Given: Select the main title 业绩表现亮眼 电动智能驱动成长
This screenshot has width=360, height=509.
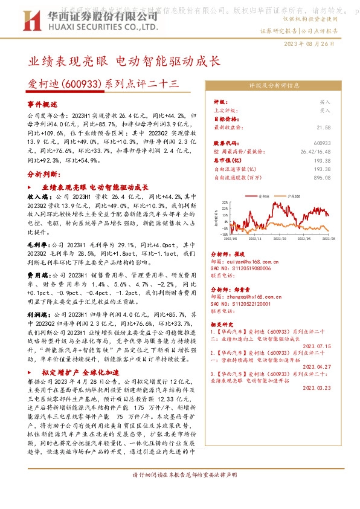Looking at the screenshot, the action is (x=124, y=62).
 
